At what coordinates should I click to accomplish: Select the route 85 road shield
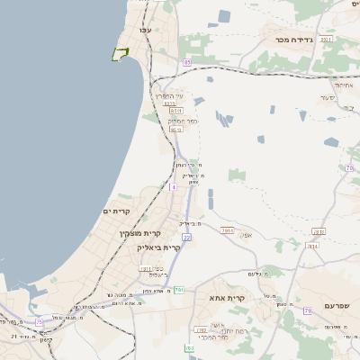click(186, 62)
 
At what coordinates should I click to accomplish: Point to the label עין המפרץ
click(168, 96)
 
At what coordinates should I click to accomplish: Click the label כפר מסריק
click(183, 120)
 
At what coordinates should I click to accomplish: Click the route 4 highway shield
click(173, 186)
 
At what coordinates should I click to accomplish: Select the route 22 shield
click(186, 238)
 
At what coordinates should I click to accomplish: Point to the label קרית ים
click(118, 211)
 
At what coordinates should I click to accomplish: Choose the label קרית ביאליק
click(159, 247)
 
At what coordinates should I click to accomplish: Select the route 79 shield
click(307, 311)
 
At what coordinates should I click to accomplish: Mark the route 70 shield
click(349, 168)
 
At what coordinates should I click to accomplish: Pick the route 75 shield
click(39, 321)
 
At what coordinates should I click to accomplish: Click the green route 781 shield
click(180, 289)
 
